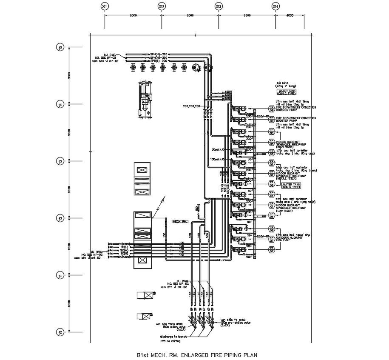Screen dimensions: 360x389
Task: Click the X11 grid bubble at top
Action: coord(105,6)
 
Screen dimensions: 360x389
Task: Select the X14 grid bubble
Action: coord(275,6)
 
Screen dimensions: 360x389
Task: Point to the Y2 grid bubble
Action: coord(60,218)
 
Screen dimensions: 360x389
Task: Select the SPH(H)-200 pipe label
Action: coord(159,54)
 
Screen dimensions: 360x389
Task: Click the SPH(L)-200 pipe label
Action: coord(159,61)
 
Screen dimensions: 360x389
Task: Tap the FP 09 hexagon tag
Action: coord(271,120)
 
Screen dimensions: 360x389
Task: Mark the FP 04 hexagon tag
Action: coord(271,216)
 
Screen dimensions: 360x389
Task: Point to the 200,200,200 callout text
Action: coord(191,106)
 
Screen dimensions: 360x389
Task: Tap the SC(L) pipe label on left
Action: coord(125,247)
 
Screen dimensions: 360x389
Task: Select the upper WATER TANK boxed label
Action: coord(287,91)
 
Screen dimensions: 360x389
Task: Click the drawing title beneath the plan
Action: coord(197,354)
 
